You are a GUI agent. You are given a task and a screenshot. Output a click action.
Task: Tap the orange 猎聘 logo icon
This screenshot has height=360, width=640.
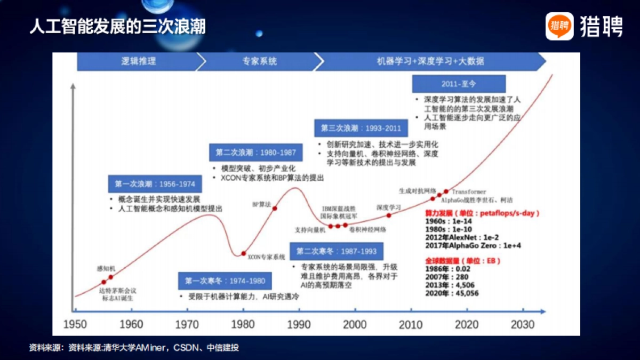click(x=559, y=26)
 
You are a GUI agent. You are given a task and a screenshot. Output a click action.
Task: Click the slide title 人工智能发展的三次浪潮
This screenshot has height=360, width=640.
click(x=117, y=27)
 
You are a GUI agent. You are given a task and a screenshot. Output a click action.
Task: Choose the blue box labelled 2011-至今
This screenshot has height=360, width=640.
click(x=459, y=84)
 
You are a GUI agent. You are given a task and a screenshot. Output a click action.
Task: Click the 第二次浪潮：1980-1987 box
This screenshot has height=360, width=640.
click(x=255, y=153)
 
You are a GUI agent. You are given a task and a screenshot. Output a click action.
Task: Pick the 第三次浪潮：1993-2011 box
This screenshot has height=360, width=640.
click(x=361, y=129)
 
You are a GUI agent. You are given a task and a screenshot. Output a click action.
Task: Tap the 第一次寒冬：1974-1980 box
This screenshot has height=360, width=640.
click(x=225, y=281)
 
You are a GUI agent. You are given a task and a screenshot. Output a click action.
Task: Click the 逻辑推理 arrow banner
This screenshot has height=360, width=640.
click(x=138, y=61)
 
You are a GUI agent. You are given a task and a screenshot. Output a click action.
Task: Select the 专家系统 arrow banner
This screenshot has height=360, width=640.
click(x=259, y=61)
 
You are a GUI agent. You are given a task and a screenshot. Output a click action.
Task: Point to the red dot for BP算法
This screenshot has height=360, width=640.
click(x=275, y=209)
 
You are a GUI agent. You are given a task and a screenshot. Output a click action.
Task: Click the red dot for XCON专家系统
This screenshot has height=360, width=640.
click(x=244, y=253)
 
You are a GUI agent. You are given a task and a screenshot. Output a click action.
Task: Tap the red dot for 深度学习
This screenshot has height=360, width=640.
click(x=388, y=215)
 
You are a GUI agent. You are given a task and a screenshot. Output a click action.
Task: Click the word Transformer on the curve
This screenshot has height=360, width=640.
click(x=469, y=191)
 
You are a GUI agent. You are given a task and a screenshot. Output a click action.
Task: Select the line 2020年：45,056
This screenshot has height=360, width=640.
click(x=452, y=293)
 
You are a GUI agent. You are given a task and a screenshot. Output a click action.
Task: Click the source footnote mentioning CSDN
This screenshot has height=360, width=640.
click(x=133, y=348)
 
